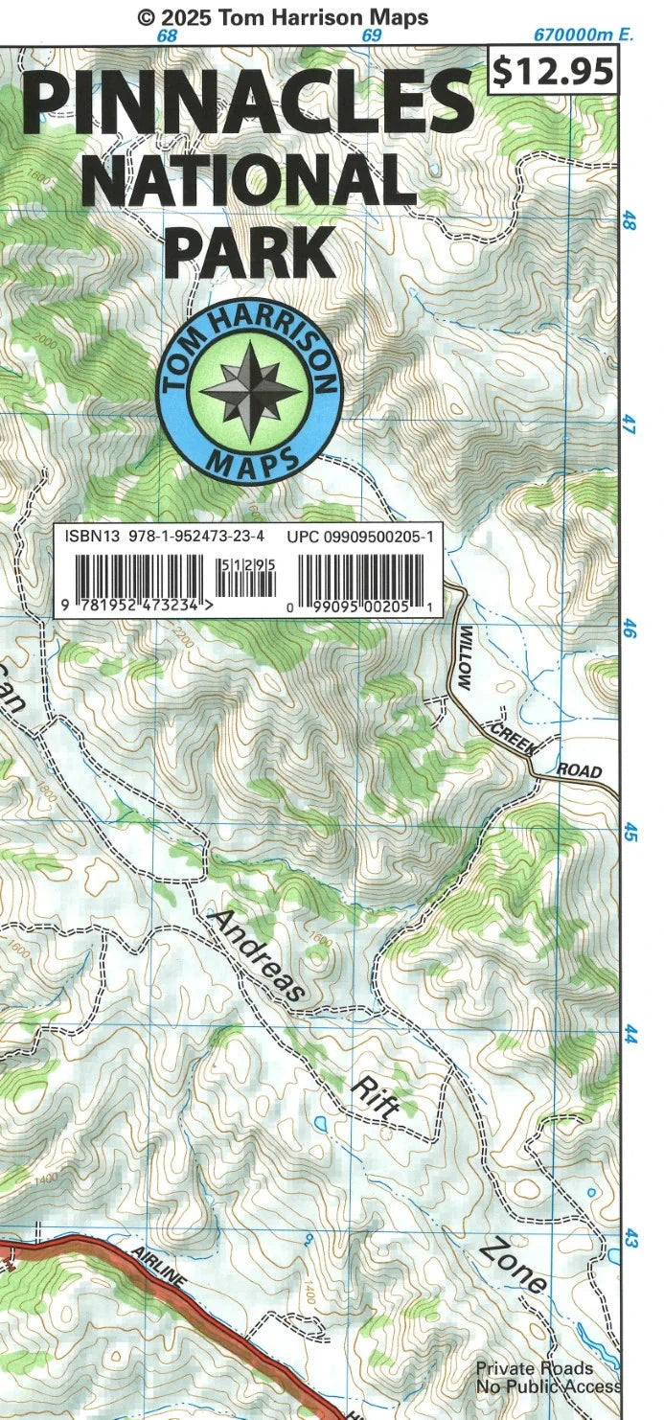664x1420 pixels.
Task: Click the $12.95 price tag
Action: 552,71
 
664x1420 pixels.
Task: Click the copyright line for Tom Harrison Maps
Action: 283,16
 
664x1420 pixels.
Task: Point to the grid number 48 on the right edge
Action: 629,221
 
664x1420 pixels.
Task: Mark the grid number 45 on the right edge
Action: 630,833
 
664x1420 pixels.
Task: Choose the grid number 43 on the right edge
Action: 630,1238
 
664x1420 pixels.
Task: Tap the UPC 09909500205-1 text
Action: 360,538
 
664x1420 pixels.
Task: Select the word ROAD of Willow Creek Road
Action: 580,769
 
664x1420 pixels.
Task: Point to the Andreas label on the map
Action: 257,954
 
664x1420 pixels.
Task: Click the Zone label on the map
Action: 515,1263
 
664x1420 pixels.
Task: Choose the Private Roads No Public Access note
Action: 547,1377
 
